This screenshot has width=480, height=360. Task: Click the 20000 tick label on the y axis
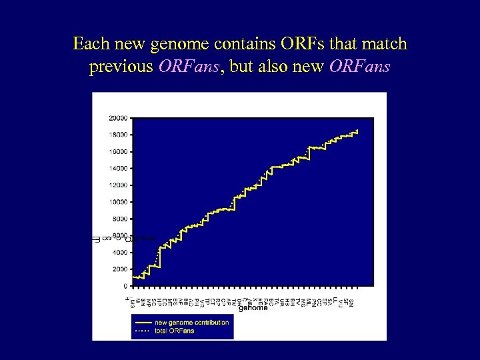pyautogui.click(x=118, y=118)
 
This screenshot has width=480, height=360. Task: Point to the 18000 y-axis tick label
pyautogui.click(x=118, y=135)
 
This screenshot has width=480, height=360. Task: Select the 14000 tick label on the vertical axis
pyautogui.click(x=118, y=168)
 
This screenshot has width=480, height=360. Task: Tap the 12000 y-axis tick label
pyautogui.click(x=118, y=185)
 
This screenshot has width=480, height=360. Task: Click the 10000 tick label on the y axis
pyautogui.click(x=118, y=202)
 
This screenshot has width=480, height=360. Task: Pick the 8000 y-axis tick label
pyautogui.click(x=120, y=219)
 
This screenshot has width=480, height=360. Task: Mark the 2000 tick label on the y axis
pyautogui.click(x=120, y=269)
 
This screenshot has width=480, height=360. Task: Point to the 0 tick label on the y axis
pyautogui.click(x=125, y=286)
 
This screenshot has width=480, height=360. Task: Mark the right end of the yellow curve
pyautogui.click(x=357, y=131)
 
